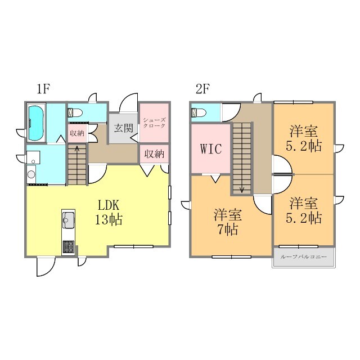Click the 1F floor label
(x=43, y=89)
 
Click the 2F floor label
(x=202, y=89)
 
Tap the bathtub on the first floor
(x=36, y=123)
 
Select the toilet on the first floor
(x=75, y=112)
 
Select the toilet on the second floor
(x=199, y=112)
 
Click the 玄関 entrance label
(x=124, y=128)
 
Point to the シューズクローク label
(x=154, y=123)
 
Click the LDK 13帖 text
(x=109, y=213)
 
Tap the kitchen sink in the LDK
(x=68, y=220)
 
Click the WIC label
(x=211, y=148)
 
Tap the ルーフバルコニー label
(x=303, y=256)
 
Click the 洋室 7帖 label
(x=227, y=222)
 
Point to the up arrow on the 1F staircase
(x=77, y=149)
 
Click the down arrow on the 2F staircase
(x=242, y=189)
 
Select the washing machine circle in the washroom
(x=31, y=174)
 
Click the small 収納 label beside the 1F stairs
(x=77, y=133)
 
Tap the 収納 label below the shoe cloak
(x=154, y=154)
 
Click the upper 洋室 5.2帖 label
(x=304, y=138)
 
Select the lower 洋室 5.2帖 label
(x=304, y=210)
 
